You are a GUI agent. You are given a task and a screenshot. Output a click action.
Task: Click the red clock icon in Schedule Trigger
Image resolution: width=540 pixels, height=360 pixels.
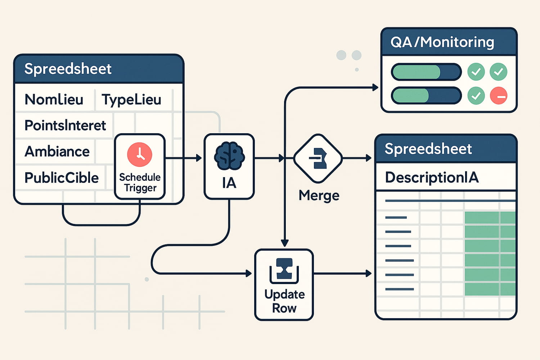tap(140, 154)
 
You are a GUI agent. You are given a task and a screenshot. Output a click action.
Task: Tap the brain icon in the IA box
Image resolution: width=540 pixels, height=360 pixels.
tap(229, 156)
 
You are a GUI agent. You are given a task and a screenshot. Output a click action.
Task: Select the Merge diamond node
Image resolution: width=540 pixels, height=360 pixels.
tap(318, 158)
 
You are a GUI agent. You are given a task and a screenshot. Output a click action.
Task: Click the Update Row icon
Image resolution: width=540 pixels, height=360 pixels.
tap(284, 271)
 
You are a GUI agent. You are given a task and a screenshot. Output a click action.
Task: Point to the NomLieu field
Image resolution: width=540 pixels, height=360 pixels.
tap(54, 99)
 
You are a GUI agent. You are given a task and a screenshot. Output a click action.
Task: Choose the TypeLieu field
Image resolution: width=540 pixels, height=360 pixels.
tap(131, 100)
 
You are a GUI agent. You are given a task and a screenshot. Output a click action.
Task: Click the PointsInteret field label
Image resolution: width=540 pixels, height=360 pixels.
tap(65, 125)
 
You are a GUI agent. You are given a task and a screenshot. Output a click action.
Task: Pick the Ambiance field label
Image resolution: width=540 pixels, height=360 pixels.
tap(57, 152)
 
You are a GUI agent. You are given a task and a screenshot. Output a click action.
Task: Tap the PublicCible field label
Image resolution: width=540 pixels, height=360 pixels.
tap(62, 178)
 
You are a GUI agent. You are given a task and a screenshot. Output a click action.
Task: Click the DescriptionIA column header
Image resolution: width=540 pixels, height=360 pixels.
tap(432, 177)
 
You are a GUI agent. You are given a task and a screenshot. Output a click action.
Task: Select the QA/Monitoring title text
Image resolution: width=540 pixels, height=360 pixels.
tap(442, 42)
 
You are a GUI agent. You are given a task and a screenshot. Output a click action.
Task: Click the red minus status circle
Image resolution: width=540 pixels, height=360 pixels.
tap(499, 96)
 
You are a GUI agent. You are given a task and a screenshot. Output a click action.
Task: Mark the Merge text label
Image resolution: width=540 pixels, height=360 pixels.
tap(319, 195)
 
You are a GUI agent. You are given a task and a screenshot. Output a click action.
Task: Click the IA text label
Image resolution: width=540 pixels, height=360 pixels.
tap(229, 183)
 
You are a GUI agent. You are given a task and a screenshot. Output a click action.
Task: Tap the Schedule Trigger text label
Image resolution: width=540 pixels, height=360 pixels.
tap(140, 183)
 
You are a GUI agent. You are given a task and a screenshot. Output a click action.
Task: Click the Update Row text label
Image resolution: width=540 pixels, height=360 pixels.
tap(284, 301)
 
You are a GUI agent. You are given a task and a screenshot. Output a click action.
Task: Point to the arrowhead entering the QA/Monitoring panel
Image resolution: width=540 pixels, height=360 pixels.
tap(375, 87)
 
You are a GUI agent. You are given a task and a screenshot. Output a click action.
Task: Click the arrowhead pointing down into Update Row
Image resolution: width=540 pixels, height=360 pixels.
tap(285, 243)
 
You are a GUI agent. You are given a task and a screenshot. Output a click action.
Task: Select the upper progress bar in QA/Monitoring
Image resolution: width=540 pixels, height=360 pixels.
tap(426, 72)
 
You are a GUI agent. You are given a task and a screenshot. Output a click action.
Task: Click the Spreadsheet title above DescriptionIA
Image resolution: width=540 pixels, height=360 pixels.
tap(428, 149)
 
